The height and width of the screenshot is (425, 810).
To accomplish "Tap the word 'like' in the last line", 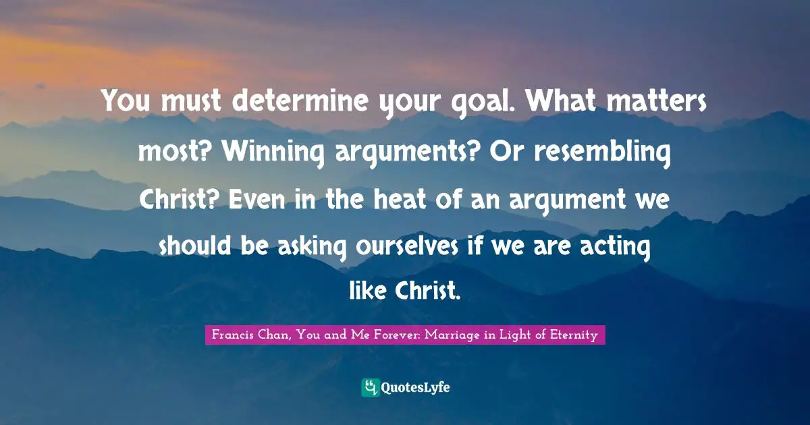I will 368,291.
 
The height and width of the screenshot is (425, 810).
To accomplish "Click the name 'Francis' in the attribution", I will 234,335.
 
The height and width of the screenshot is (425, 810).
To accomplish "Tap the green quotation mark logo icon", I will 370,387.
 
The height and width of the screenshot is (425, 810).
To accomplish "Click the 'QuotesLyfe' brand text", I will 416,387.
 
